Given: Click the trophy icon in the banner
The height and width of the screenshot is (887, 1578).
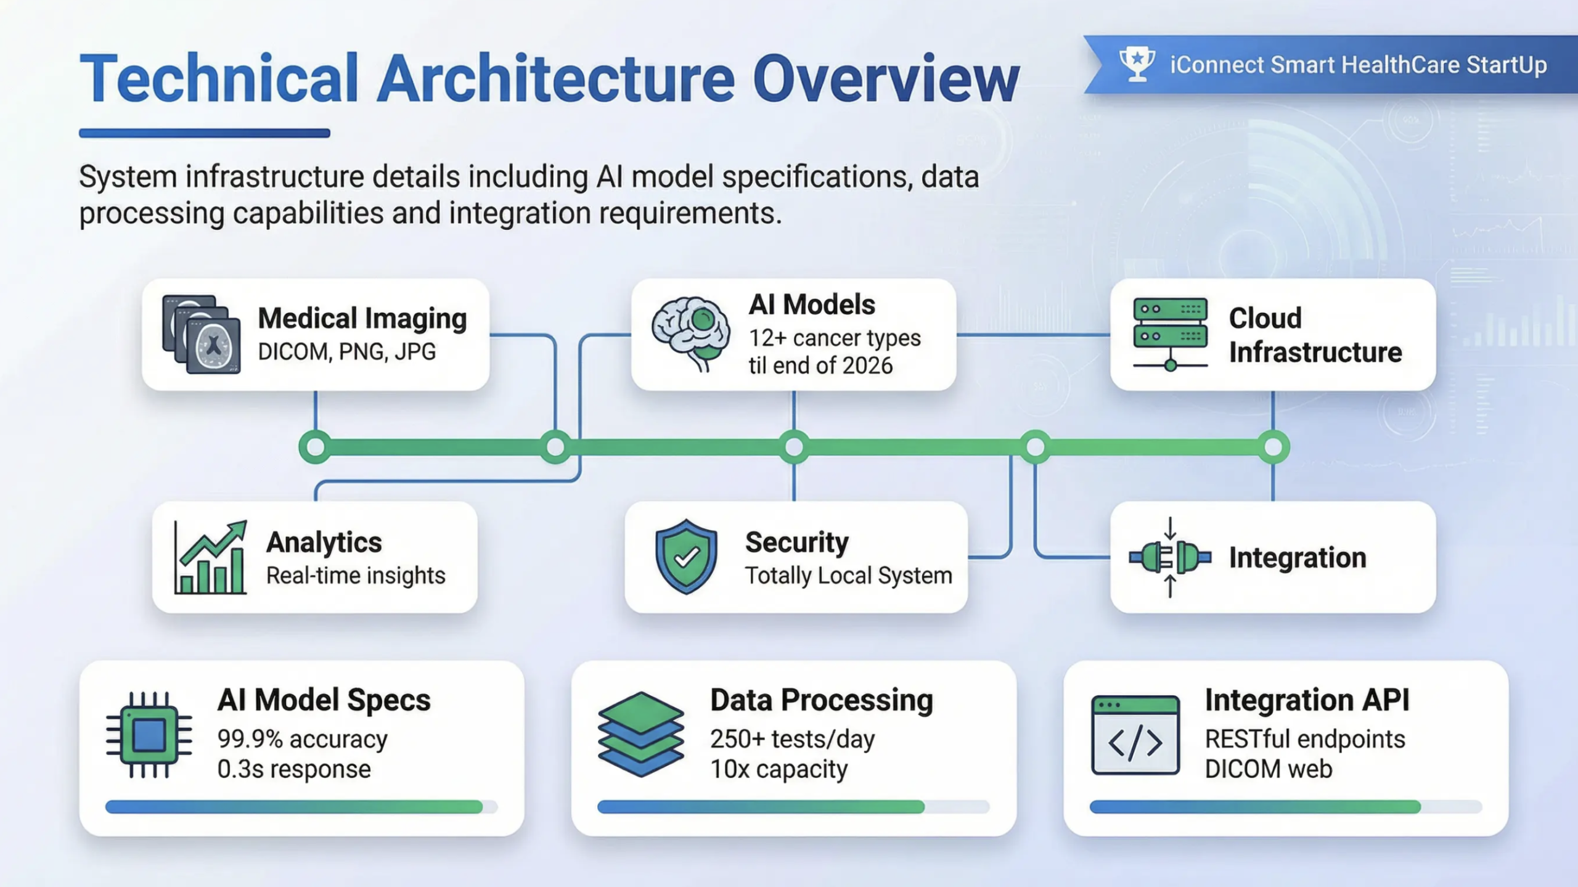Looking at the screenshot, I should [x=1137, y=64].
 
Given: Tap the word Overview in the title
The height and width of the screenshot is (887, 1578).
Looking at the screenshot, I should [x=886, y=79].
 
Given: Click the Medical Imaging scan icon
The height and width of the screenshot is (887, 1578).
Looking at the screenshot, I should [x=201, y=334].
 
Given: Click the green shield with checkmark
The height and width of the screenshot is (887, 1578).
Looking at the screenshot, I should [x=686, y=557].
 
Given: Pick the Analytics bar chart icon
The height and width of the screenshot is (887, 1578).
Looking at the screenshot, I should [x=210, y=558].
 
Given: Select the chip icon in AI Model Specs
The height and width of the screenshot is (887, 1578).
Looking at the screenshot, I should [x=149, y=735].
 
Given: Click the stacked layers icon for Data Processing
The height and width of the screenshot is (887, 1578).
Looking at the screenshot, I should [x=640, y=734].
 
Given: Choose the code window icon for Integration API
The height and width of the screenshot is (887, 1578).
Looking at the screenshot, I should [x=1135, y=735].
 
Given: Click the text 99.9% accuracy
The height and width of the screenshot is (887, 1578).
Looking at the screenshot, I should [x=302, y=738].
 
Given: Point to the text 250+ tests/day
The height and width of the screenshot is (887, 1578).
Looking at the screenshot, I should [x=792, y=738].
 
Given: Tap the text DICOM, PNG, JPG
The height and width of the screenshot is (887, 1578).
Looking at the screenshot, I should [x=346, y=351].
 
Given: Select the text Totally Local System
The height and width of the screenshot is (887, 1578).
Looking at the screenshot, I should [x=848, y=575].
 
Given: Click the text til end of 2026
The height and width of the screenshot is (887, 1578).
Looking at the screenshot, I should [x=820, y=366].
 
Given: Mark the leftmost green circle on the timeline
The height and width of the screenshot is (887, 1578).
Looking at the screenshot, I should [x=316, y=447].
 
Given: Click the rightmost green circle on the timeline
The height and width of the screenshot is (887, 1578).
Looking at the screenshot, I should [x=1273, y=447].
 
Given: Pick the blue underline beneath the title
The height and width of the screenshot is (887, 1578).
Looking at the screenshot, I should [x=204, y=133].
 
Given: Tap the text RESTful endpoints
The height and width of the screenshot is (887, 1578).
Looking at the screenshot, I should [x=1304, y=738].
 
